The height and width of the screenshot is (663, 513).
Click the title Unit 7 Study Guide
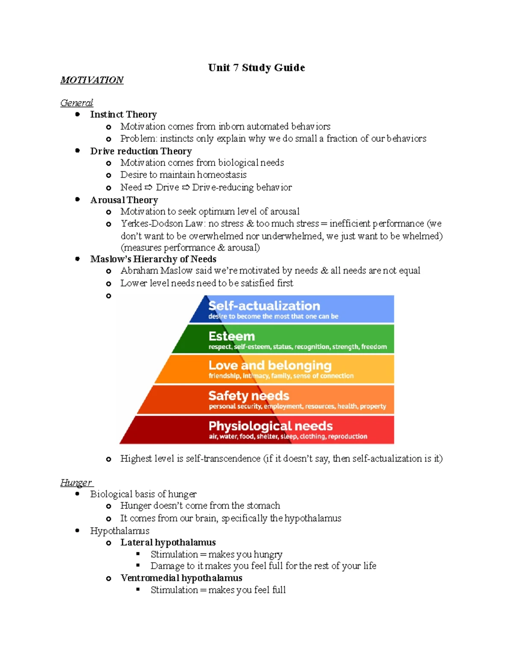[256, 68]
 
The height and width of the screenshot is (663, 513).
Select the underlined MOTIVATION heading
[92, 80]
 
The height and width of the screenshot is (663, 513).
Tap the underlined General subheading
[77, 103]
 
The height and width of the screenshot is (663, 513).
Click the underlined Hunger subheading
[76, 482]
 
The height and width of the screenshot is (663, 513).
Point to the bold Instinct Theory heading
[124, 114]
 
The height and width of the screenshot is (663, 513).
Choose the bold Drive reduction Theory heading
[141, 151]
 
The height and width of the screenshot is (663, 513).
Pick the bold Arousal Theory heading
[124, 200]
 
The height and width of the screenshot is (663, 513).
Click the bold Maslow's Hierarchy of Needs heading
[153, 259]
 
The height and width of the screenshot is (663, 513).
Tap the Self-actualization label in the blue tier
[264, 306]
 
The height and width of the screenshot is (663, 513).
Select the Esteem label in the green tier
[232, 336]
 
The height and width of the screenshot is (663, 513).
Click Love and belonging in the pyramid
[270, 365]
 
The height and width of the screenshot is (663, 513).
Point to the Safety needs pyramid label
[249, 396]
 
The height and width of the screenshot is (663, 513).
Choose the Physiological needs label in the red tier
[271, 426]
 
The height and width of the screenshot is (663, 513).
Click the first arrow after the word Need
[148, 187]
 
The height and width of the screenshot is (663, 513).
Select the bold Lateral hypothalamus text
[168, 542]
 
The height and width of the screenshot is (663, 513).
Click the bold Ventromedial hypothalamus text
[181, 578]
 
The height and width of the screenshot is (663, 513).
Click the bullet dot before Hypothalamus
[77, 530]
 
